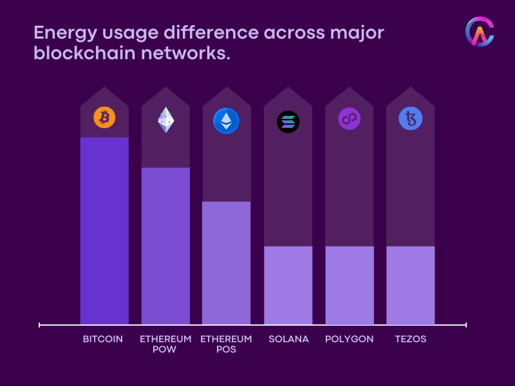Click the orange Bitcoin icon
(x=104, y=118)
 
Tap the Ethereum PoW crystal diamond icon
(x=166, y=120)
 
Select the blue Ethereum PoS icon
(x=226, y=120)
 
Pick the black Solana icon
(x=288, y=122)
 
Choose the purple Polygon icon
(x=350, y=119)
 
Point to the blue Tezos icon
(x=410, y=119)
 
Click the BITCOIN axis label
(x=103, y=339)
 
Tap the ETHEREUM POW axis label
(x=165, y=344)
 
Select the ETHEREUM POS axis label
(x=226, y=344)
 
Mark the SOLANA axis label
(x=288, y=339)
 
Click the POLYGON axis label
(x=349, y=339)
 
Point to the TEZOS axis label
(x=411, y=339)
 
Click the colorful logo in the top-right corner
(x=480, y=32)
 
